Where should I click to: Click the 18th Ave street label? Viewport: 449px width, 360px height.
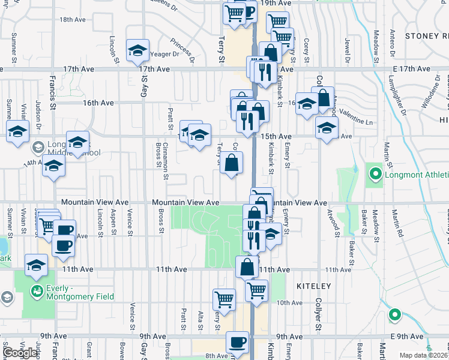(x=73, y=19)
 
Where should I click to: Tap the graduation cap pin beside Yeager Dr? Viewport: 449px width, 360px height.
(x=137, y=51)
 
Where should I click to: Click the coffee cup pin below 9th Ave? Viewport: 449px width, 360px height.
(x=237, y=343)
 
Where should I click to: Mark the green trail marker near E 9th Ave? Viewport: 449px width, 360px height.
(x=394, y=314)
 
